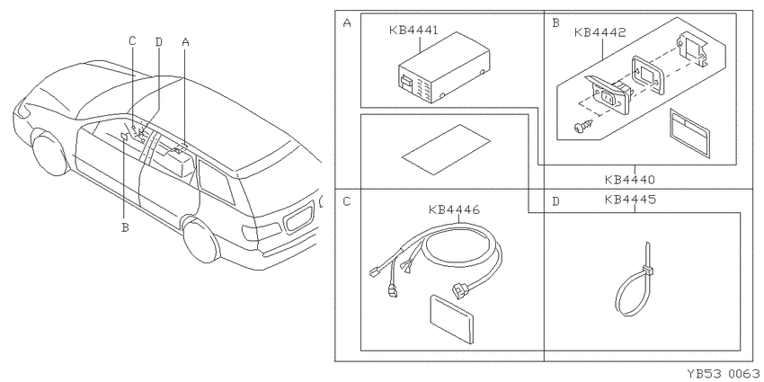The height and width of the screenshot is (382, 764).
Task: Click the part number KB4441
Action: tap(413, 31)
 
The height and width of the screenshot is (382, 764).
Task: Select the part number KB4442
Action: tap(600, 32)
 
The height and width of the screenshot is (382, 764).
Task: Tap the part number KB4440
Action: tap(629, 179)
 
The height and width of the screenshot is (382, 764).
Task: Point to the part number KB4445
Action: tap(629, 200)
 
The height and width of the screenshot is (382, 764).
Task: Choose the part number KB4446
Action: tap(454, 210)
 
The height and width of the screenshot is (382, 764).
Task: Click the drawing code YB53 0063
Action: tap(723, 374)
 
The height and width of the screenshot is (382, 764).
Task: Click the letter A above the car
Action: tap(185, 42)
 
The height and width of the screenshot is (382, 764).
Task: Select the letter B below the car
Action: tap(125, 227)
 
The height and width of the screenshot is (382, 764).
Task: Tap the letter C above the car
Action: tap(132, 41)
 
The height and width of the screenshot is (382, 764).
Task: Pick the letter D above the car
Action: tap(158, 42)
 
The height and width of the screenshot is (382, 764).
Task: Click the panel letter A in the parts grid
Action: tap(347, 22)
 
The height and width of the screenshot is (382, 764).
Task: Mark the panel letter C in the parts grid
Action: tap(347, 201)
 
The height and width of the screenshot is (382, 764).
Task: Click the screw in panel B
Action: tap(582, 126)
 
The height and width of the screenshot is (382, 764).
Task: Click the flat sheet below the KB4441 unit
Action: tap(445, 149)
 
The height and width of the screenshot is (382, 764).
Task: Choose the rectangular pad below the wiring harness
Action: tap(452, 317)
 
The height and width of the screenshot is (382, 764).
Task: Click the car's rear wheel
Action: tap(201, 242)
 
